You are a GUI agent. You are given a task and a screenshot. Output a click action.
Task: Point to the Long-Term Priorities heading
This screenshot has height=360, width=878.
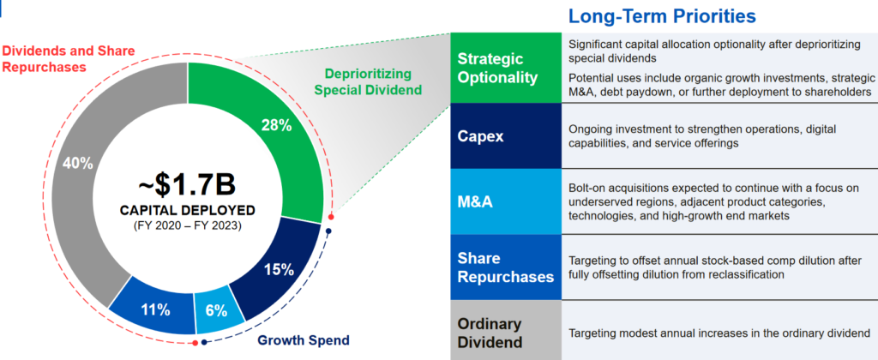[663, 16]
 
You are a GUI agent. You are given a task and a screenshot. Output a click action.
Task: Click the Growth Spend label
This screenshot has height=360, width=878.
[303, 339]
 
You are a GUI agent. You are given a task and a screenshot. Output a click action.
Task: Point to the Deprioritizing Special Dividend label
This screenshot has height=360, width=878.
[368, 81]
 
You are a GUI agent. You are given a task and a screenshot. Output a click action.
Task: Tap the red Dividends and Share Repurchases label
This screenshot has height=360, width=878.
[69, 59]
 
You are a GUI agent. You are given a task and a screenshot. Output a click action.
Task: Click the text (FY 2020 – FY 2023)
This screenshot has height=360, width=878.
[188, 227]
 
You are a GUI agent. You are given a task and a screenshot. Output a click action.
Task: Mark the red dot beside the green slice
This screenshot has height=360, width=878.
[332, 217]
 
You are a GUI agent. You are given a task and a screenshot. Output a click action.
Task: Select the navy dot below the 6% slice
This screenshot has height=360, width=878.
[204, 342]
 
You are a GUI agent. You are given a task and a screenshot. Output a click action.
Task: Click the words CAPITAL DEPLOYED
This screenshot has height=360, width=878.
[187, 211]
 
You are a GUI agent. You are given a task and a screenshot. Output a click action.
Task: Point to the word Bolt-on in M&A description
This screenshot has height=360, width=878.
[586, 188]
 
